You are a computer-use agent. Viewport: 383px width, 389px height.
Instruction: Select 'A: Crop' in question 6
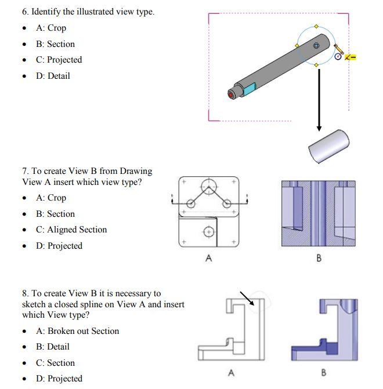coord(50,28)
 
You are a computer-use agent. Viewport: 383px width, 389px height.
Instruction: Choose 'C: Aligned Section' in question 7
coord(71,230)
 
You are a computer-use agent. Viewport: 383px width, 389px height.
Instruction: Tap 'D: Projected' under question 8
coord(59,379)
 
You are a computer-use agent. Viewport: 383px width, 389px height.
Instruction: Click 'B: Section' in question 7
coord(55,214)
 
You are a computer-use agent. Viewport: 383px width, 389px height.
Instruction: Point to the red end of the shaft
coord(232,94)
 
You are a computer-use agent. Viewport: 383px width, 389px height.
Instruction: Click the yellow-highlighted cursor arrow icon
coord(350,57)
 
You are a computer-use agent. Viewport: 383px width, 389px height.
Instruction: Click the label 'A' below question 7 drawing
coord(209,259)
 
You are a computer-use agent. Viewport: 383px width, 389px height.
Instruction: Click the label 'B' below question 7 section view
coord(319,259)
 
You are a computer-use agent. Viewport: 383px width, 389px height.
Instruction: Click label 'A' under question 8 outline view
coord(231,372)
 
